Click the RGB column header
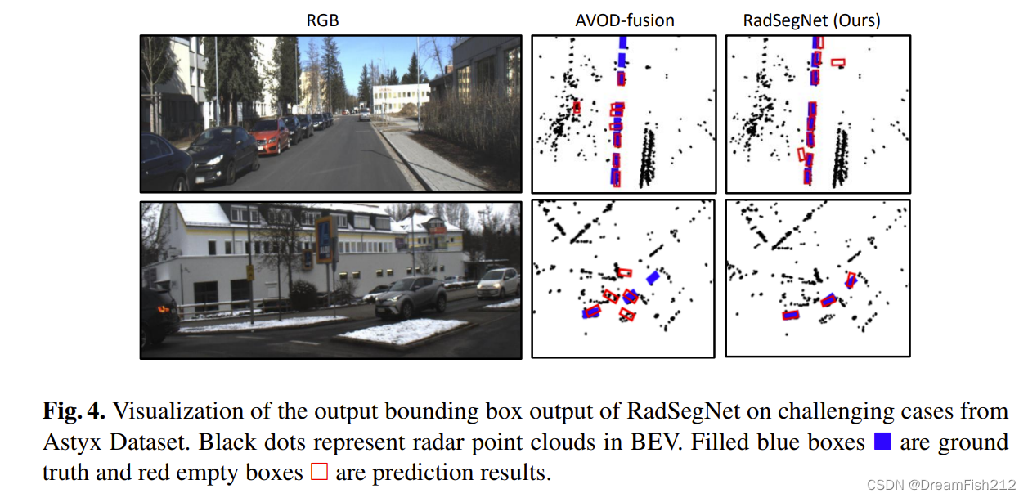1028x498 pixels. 322,21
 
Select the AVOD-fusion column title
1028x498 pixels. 624,21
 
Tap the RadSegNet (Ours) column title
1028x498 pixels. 811,21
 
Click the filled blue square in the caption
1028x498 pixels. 882,442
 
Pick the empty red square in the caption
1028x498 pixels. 319,473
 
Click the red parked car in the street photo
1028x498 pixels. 269,135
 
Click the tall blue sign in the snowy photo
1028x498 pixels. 325,239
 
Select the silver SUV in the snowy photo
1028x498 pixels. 411,295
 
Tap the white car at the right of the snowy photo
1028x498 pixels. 498,283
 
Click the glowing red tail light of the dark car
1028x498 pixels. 165,308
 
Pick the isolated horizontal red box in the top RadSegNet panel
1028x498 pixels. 837,61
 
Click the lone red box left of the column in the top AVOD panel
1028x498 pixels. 577,106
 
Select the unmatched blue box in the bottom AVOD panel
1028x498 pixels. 653,277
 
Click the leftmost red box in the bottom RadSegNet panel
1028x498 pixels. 790,315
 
